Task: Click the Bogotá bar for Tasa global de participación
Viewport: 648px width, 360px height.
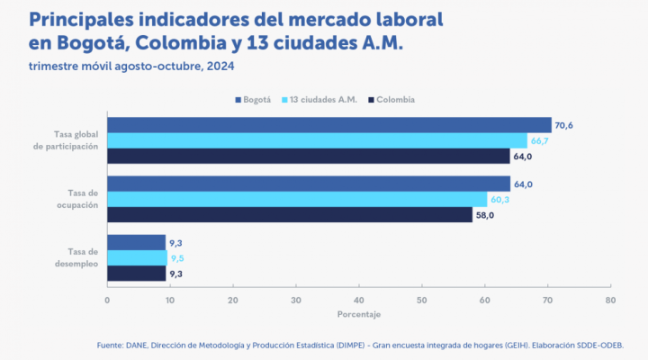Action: click(x=328, y=125)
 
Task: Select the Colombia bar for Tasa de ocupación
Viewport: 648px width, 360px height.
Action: click(x=290, y=215)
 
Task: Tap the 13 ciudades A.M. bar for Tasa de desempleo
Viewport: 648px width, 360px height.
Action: click(x=137, y=257)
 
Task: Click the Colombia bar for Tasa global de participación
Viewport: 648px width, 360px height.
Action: click(x=309, y=156)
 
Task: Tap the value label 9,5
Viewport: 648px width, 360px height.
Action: click(x=176, y=257)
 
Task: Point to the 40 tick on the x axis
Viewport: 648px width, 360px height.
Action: click(x=359, y=299)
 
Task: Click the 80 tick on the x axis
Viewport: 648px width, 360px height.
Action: click(x=610, y=299)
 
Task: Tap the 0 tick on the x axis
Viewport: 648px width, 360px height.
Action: click(x=107, y=299)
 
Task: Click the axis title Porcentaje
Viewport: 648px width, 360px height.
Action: click(x=359, y=314)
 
